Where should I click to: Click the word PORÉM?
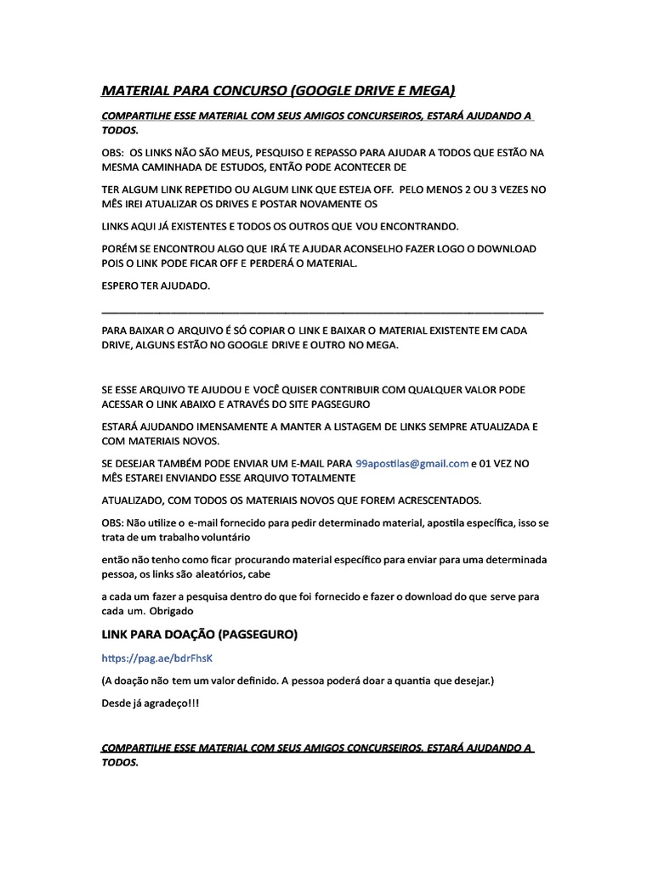120,250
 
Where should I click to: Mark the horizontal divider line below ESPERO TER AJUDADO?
322,313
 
